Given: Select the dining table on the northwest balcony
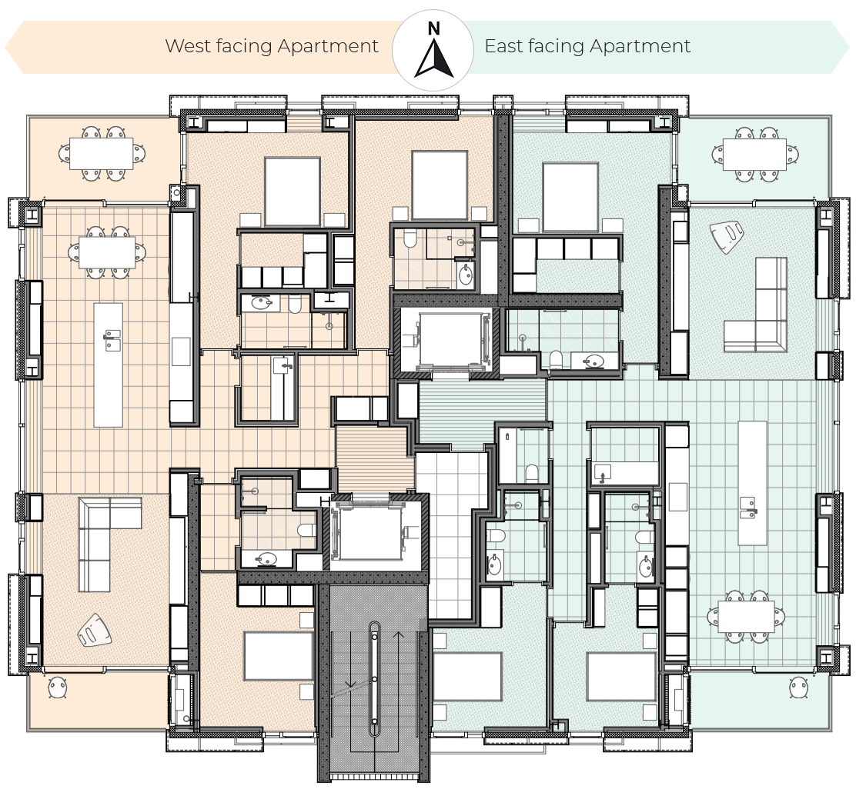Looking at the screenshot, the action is pyautogui.click(x=102, y=153).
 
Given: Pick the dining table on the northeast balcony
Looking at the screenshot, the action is pyautogui.click(x=754, y=155).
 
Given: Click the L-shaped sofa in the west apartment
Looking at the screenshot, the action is pyautogui.click(x=104, y=537).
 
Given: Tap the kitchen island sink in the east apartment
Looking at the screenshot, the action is pyautogui.click(x=747, y=507).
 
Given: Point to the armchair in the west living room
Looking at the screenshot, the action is pyautogui.click(x=95, y=631).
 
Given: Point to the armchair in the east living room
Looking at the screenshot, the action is pyautogui.click(x=727, y=237).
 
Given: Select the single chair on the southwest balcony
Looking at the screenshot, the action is pyautogui.click(x=57, y=687).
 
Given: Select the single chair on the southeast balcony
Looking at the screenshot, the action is pyautogui.click(x=799, y=687).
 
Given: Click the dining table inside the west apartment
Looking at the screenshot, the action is pyautogui.click(x=107, y=252).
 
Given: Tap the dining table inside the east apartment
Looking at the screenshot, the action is pyautogui.click(x=746, y=616).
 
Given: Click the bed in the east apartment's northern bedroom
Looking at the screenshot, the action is pyautogui.click(x=570, y=197).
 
